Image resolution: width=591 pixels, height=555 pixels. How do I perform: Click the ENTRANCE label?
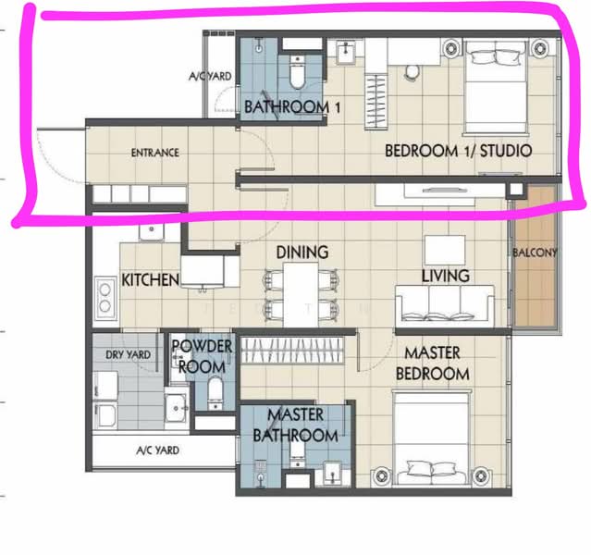(x=154, y=153)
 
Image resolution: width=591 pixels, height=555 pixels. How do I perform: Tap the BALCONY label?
(x=535, y=253)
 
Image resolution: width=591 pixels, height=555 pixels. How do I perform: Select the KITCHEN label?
(x=151, y=280)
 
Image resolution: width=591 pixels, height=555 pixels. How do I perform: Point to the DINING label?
(x=302, y=253)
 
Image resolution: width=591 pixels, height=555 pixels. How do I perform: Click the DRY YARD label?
(x=129, y=355)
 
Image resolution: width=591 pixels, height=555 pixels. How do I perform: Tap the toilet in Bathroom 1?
(x=298, y=71)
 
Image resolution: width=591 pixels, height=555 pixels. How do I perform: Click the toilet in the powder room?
(x=215, y=393)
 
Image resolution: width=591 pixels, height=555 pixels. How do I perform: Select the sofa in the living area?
(x=444, y=305)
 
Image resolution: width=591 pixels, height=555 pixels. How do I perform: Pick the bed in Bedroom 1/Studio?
(x=495, y=86)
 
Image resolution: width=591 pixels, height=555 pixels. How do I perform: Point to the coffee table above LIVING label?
(x=445, y=251)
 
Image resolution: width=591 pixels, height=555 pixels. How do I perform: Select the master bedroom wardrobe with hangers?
(x=292, y=351)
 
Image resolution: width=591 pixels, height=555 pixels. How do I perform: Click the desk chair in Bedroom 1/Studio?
(x=412, y=71)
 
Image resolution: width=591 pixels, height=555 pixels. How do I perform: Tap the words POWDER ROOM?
(x=202, y=356)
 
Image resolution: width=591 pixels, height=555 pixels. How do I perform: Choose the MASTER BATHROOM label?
(x=296, y=425)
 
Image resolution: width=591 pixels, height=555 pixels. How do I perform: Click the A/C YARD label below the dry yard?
(x=157, y=450)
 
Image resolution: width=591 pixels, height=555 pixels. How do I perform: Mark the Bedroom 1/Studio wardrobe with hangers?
(x=376, y=101)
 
